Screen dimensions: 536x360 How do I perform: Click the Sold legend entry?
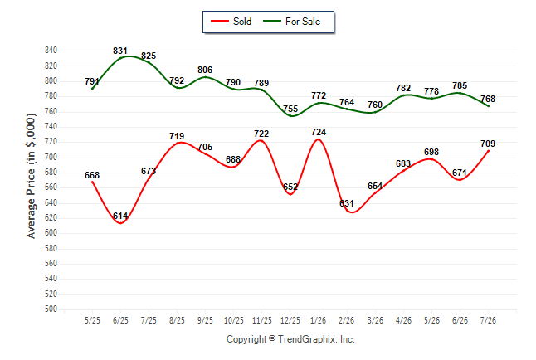(x=231, y=22)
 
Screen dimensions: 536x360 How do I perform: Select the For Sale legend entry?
(x=291, y=22)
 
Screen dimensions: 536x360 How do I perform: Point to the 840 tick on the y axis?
(x=51, y=51)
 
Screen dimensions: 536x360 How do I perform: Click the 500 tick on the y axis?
(x=51, y=309)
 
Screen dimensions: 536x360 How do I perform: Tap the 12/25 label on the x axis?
(x=290, y=321)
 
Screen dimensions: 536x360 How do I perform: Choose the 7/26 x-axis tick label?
(x=488, y=321)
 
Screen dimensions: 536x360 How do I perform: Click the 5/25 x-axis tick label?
(x=92, y=321)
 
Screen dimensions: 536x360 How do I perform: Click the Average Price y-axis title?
(x=31, y=176)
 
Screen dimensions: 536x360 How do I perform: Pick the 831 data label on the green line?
(x=120, y=51)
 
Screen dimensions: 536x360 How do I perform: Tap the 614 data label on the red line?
(x=120, y=216)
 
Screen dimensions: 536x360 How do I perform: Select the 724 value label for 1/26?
(x=319, y=132)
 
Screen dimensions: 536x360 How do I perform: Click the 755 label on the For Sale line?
(x=290, y=109)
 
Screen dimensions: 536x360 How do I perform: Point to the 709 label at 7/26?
(x=488, y=144)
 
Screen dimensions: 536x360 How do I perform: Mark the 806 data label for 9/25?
(x=205, y=70)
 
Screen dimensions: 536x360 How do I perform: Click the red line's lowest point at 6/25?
(x=120, y=223)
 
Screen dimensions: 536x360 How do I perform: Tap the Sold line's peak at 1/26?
(x=319, y=139)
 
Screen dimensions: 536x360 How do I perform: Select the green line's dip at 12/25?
(x=291, y=116)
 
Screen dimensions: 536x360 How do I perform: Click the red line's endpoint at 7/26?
(x=488, y=151)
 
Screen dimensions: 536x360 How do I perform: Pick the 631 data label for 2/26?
(x=347, y=203)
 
